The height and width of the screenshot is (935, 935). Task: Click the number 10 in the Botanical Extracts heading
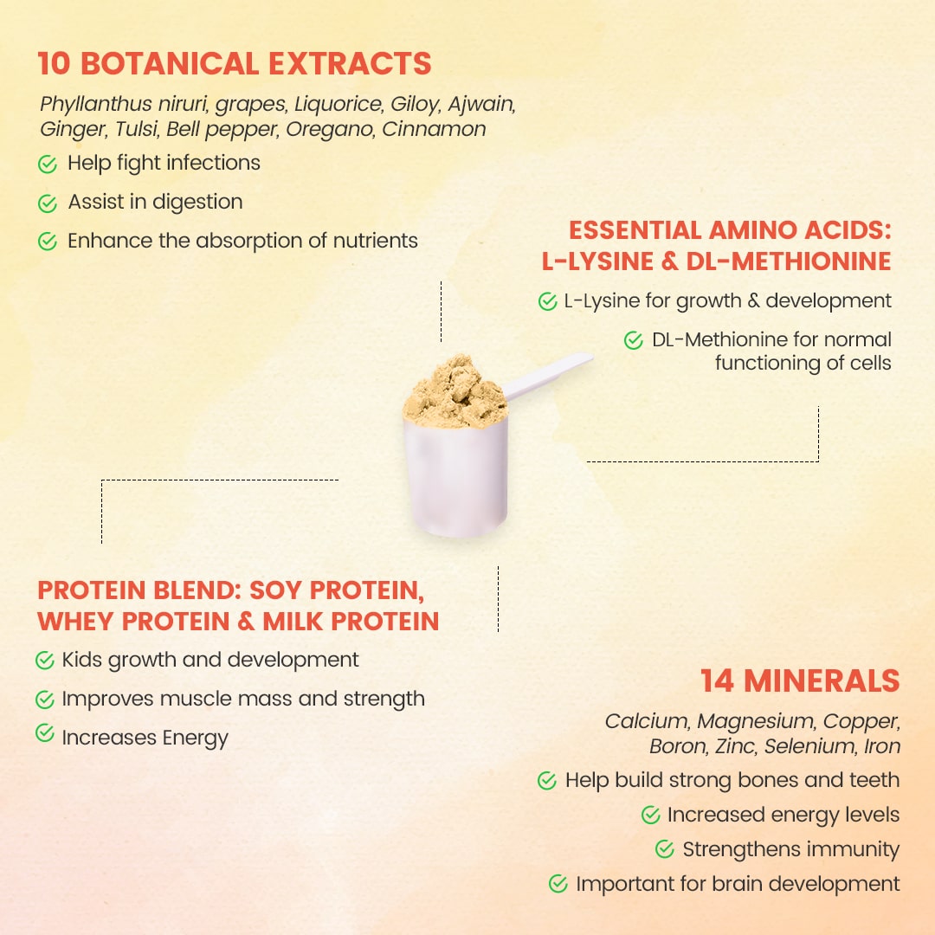(55, 64)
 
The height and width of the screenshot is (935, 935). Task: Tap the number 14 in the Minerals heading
(717, 681)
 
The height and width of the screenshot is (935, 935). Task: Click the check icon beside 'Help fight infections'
(48, 164)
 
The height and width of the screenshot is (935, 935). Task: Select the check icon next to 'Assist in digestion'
(48, 203)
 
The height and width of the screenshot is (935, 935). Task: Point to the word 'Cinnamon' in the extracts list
(434, 129)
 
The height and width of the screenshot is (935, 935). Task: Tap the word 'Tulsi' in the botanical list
(137, 129)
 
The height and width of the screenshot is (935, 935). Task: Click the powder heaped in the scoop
(455, 392)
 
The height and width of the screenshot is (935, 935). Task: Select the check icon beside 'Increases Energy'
(45, 733)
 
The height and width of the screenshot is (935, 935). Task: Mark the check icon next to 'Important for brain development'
(558, 883)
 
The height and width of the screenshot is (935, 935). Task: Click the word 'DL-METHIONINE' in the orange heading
(789, 261)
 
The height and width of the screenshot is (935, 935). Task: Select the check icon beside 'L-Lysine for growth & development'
(547, 301)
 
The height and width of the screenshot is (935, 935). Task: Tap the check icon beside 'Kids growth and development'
(45, 660)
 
